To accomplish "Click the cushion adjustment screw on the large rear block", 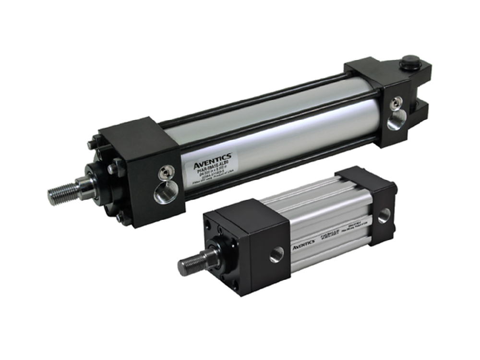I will coord(396,102).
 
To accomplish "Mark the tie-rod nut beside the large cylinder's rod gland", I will coord(114,169).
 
